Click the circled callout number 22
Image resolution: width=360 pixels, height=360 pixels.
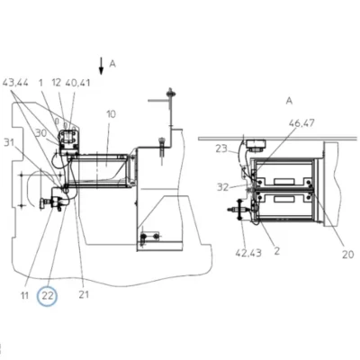48,296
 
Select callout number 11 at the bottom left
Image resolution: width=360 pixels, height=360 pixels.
24,295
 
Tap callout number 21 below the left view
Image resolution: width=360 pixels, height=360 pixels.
84,294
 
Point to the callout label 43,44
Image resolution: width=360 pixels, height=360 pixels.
15,83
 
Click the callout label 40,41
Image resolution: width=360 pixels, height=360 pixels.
77,83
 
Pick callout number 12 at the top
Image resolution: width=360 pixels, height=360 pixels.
57,83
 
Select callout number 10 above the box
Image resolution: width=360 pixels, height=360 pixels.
111,114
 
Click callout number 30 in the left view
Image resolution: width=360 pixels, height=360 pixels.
40,132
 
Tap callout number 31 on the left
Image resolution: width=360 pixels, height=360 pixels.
9,142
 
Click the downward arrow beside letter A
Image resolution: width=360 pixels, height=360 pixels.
102,66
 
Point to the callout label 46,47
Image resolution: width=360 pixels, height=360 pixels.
301,123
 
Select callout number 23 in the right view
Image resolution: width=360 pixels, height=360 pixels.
221,148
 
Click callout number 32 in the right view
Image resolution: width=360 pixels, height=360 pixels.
223,187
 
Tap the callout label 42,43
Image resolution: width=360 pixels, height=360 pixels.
248,253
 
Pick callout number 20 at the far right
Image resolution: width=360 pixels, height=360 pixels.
348,255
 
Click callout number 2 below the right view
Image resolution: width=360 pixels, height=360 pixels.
277,251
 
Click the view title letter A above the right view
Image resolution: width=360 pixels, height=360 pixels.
289,101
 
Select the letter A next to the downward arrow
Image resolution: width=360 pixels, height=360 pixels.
112,64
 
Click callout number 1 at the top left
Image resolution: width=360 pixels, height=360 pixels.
41,83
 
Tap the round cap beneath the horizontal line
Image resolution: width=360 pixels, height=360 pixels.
255,146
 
